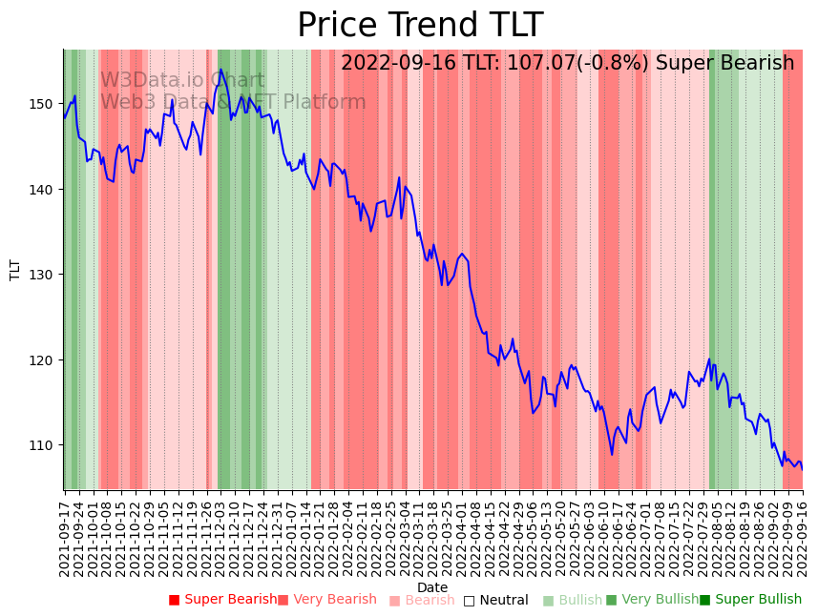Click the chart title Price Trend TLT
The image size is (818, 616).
(x=420, y=26)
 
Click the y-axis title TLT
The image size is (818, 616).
(x=15, y=270)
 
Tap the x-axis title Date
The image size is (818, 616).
(x=432, y=587)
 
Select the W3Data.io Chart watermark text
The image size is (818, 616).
(x=182, y=80)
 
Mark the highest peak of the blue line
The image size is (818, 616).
(x=220, y=69)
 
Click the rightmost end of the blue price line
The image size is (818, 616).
(x=802, y=469)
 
